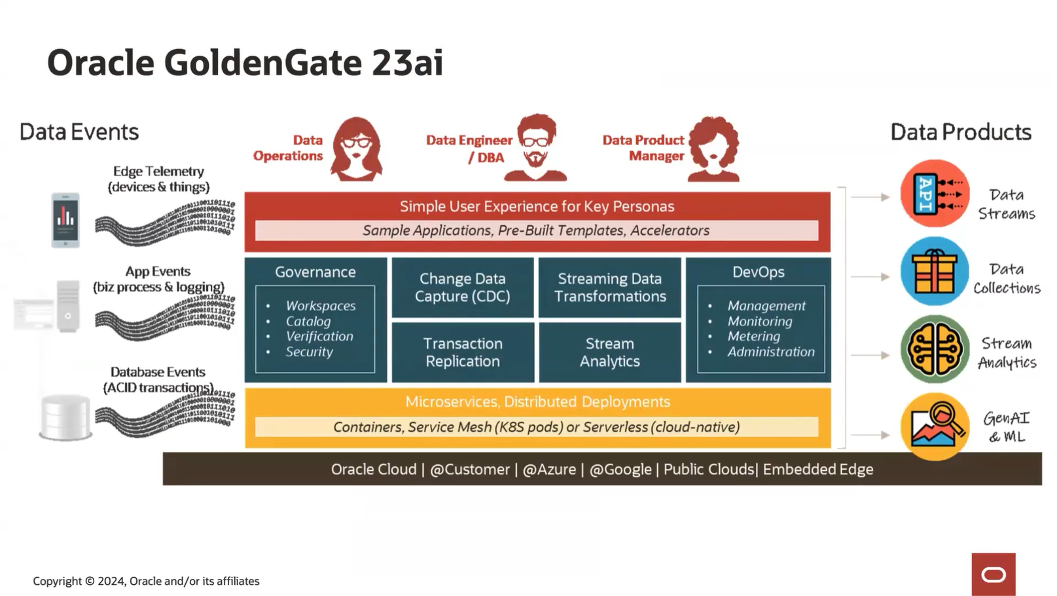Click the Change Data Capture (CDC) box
463,288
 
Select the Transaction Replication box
463,352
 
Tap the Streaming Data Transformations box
609,288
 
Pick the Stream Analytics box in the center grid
609,352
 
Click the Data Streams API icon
934,194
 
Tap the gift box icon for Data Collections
934,272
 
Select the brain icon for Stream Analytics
934,350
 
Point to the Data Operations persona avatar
356,149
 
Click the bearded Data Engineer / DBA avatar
535,148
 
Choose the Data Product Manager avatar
713,149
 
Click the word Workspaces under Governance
321,306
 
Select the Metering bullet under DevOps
753,337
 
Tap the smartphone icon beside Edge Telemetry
65,220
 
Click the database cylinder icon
65,417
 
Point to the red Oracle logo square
993,574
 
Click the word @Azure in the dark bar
549,470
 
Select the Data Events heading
79,132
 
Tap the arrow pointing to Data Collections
870,277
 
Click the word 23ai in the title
407,64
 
